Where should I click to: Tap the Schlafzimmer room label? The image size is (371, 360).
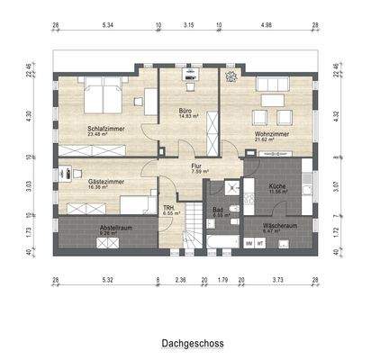click(x=107, y=129)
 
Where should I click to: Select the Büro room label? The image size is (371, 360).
click(x=188, y=109)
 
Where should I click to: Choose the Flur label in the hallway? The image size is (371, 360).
click(x=195, y=166)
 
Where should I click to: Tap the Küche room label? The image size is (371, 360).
click(x=277, y=186)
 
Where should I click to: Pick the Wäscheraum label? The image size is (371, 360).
click(x=279, y=225)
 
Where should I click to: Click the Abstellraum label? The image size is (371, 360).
click(x=117, y=227)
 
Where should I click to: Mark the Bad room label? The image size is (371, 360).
click(x=218, y=211)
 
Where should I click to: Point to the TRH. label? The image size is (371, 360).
click(x=168, y=208)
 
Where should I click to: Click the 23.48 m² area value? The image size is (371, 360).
click(x=107, y=136)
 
